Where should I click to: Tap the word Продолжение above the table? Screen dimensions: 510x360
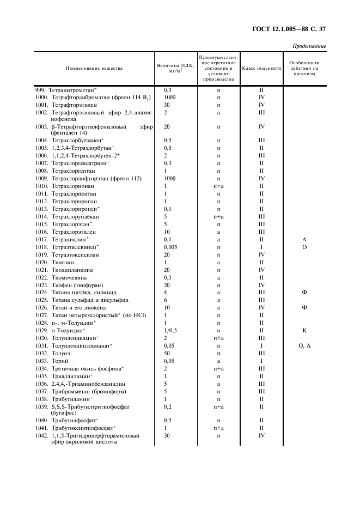pos(309,46)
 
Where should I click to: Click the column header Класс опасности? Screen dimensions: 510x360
pos(261,68)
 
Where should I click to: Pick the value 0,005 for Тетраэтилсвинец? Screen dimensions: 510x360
pos(170,247)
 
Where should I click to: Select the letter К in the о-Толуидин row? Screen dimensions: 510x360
pos(304,330)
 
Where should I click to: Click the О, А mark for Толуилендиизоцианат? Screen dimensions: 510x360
pos(304,345)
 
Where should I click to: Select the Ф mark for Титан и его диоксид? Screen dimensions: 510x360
pos(304,307)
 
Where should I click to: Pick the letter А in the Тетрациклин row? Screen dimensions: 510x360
pos(304,239)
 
